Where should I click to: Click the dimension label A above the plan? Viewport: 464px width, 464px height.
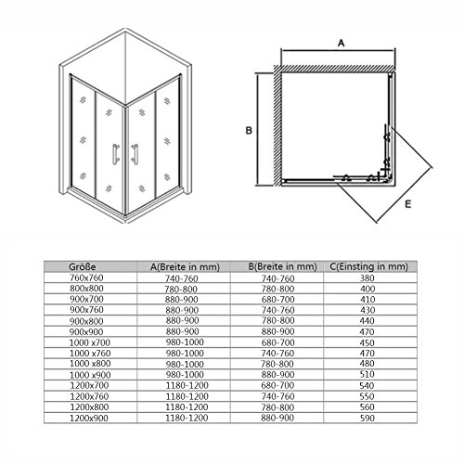tap(341, 43)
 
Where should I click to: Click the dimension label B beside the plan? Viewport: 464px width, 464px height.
tap(249, 131)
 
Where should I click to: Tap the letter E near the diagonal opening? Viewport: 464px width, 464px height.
tap(408, 204)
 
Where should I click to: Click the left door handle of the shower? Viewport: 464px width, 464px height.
tap(116, 154)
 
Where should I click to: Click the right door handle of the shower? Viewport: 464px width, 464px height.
tap(135, 154)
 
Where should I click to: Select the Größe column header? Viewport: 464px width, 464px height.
tap(83, 266)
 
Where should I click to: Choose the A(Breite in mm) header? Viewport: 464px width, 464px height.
tap(185, 266)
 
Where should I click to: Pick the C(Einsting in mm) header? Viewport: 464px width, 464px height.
tap(368, 266)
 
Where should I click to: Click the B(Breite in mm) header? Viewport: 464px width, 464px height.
tap(282, 266)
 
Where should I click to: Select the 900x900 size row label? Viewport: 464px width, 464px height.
tap(86, 332)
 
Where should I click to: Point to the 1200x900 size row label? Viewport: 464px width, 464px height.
tap(89, 419)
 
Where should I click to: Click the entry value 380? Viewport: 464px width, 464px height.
tap(367, 278)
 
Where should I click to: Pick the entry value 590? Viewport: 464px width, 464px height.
tap(367, 419)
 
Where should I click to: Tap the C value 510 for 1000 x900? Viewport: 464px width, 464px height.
tap(367, 375)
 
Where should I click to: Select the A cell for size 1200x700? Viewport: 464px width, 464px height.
tap(187, 385)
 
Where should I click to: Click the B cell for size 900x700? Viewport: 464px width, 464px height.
tap(277, 300)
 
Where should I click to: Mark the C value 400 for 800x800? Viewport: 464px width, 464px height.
tap(367, 289)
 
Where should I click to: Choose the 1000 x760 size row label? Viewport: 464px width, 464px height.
tap(90, 354)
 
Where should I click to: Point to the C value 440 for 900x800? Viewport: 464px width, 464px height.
tap(367, 321)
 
